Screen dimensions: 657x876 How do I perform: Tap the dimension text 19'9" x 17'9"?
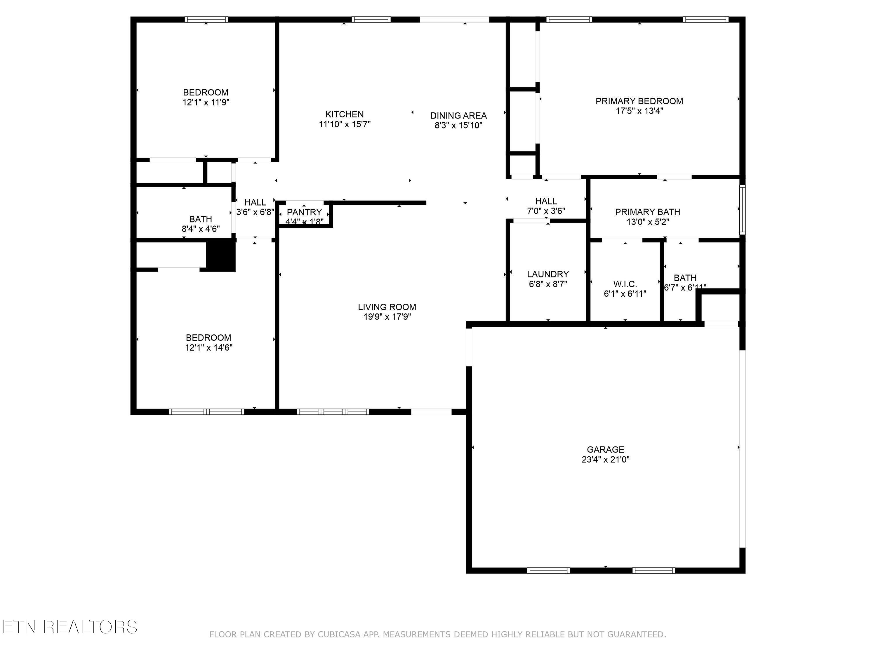387,317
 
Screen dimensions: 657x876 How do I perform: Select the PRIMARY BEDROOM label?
639,101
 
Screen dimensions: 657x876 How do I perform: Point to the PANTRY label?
304,212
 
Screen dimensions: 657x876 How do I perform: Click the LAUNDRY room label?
548,274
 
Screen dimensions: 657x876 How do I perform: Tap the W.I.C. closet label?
625,284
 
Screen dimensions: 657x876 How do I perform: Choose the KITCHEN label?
344,114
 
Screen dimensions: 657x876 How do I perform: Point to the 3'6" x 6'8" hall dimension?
255,212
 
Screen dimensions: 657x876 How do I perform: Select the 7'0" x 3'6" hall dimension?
546,211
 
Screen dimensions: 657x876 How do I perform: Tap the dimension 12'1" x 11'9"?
206,102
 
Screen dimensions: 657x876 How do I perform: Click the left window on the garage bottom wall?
548,571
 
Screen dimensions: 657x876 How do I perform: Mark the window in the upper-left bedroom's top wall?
206,19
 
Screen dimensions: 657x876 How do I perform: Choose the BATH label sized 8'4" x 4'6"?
200,219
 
